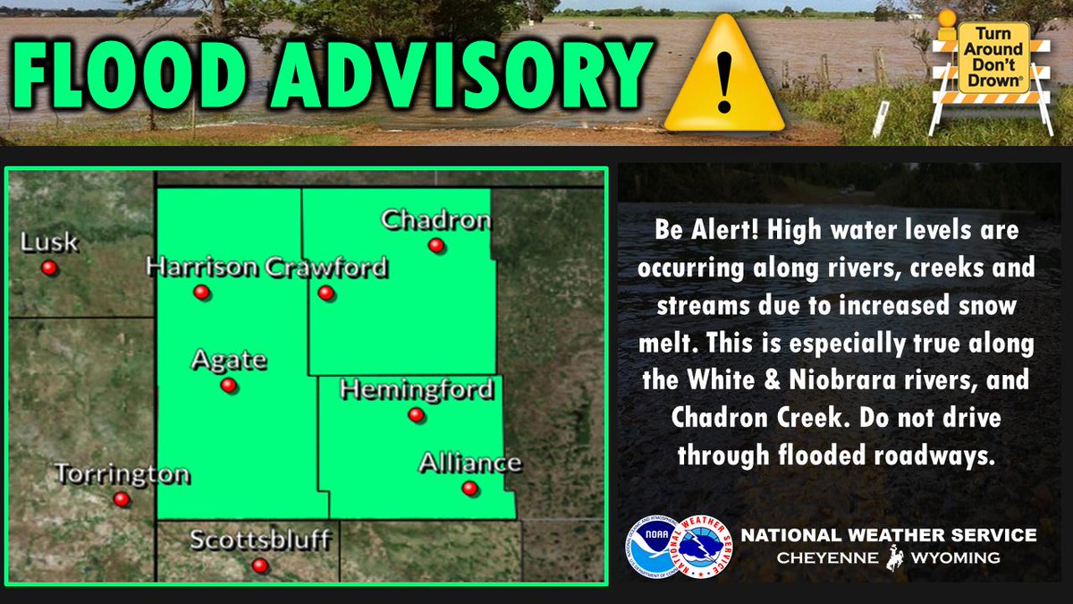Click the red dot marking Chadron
pyautogui.click(x=436, y=245)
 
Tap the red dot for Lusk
pyautogui.click(x=49, y=268)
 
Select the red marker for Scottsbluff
pyautogui.click(x=259, y=566)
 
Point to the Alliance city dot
pyautogui.click(x=469, y=488)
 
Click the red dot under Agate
pyautogui.click(x=228, y=386)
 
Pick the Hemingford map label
pyautogui.click(x=417, y=390)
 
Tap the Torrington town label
pyautogui.click(x=122, y=474)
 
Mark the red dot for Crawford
pyautogui.click(x=325, y=293)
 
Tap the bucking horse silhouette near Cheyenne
pyautogui.click(x=894, y=558)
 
